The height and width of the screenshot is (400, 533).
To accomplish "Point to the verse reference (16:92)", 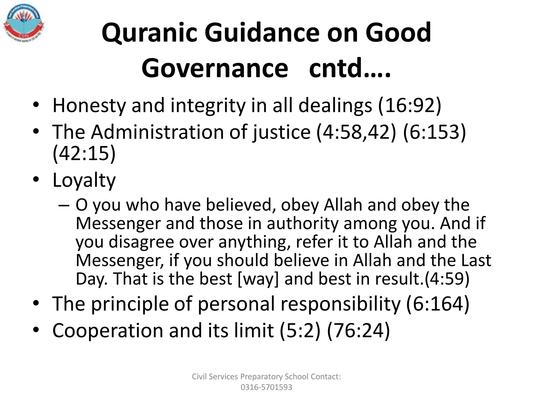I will (x=410, y=106).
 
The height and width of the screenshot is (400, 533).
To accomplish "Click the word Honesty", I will (x=88, y=106).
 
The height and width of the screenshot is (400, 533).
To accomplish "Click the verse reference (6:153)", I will (x=434, y=132).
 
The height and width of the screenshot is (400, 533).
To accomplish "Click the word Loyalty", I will (x=84, y=180).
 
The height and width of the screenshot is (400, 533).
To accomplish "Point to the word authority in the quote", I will (x=302, y=223).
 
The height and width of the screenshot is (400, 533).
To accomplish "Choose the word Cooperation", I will (x=107, y=330).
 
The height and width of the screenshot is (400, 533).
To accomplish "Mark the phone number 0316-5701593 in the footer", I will (x=266, y=387).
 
